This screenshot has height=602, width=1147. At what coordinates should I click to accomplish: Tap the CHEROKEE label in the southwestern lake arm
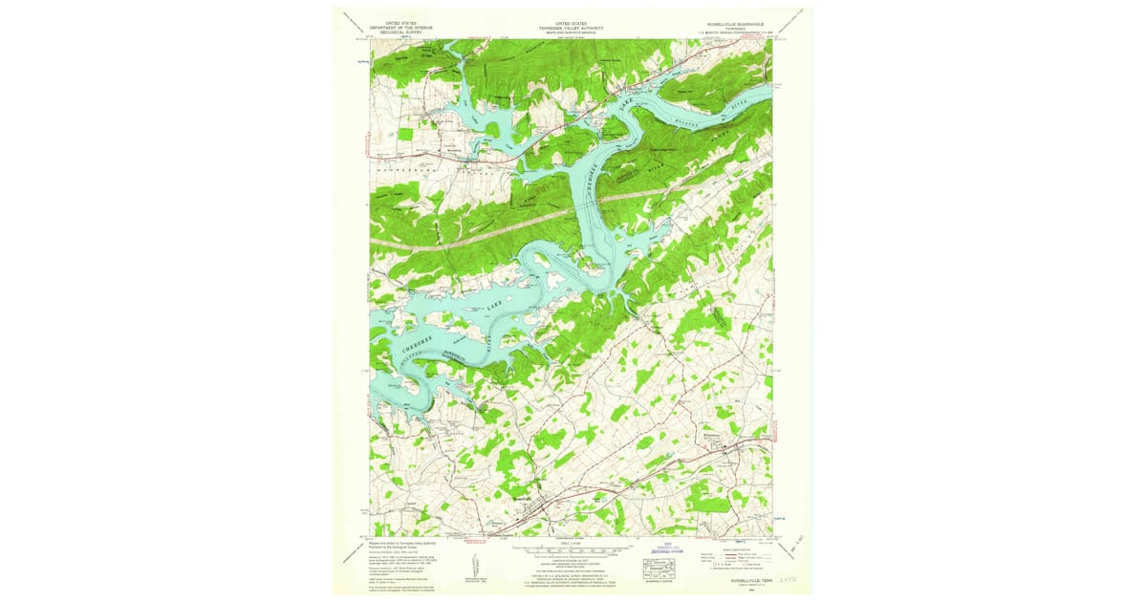419,345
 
